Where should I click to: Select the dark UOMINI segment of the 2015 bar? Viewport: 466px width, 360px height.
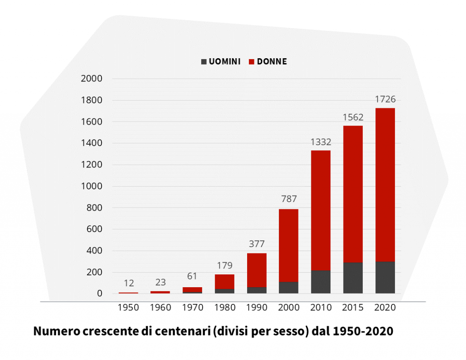pos(353,278)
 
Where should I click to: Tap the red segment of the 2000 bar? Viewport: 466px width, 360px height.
pos(289,245)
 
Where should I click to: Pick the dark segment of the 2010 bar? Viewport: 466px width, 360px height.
pos(320,282)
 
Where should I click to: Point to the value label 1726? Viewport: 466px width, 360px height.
pos(385,99)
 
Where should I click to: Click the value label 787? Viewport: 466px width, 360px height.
pos(289,199)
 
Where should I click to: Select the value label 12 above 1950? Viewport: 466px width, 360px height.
pos(128,283)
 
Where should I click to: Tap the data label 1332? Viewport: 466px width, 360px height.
pos(320,142)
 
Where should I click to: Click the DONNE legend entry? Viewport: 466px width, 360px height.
pos(268,61)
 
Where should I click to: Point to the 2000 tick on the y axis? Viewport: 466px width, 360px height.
pos(91,79)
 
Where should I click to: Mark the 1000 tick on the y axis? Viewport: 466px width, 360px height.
pos(91,186)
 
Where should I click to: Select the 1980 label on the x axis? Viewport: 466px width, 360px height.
pos(224,308)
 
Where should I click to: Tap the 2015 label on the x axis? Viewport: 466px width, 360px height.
pos(353,308)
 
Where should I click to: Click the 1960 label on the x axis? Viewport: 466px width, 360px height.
pos(160,308)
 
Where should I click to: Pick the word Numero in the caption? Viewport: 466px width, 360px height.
pos(56,331)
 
